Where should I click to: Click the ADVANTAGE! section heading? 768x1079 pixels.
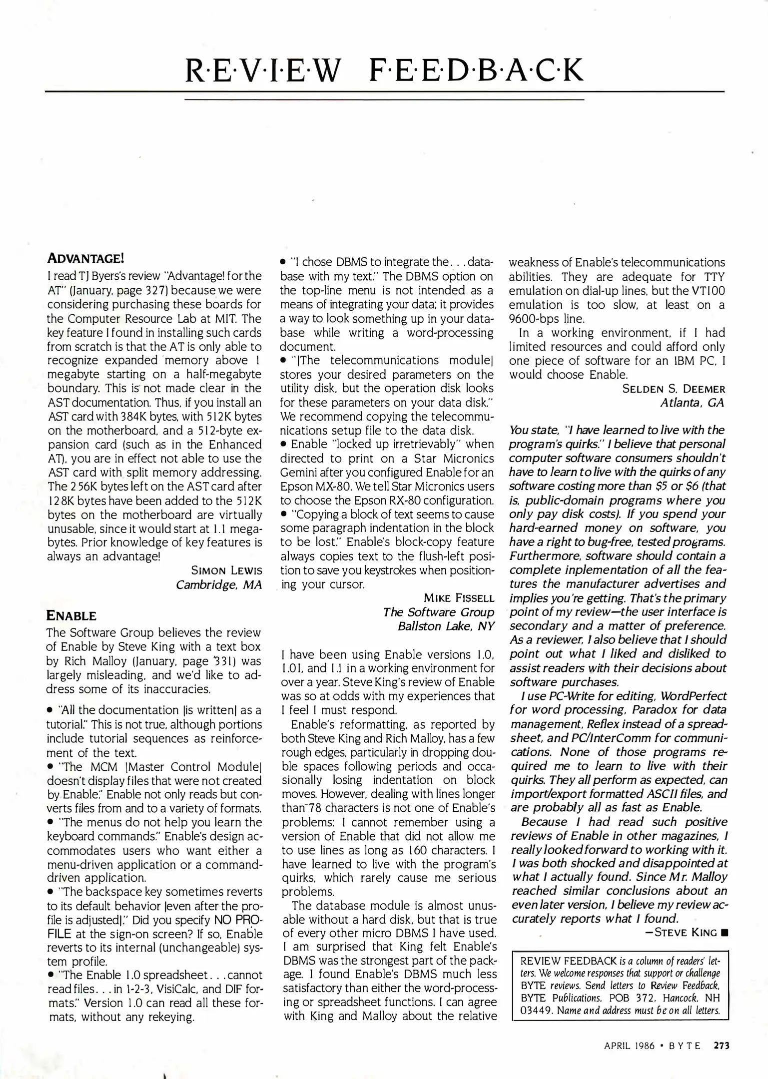click(85, 259)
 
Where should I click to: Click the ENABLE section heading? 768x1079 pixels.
click(71, 615)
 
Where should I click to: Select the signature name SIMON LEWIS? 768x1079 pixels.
click(226, 570)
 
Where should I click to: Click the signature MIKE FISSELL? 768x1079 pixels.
click(459, 598)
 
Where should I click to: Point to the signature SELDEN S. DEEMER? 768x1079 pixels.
click(673, 389)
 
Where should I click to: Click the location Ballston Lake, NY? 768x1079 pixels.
click(446, 626)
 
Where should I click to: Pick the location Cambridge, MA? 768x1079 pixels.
click(219, 584)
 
